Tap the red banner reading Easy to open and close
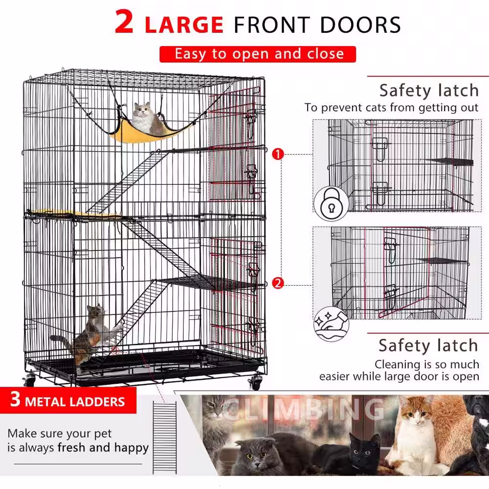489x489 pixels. [258, 53]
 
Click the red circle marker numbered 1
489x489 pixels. [278, 155]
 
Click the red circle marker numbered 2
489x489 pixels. [278, 283]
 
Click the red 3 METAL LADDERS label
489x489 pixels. [68, 401]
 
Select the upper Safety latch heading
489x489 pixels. [428, 90]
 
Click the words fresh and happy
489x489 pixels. [103, 447]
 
